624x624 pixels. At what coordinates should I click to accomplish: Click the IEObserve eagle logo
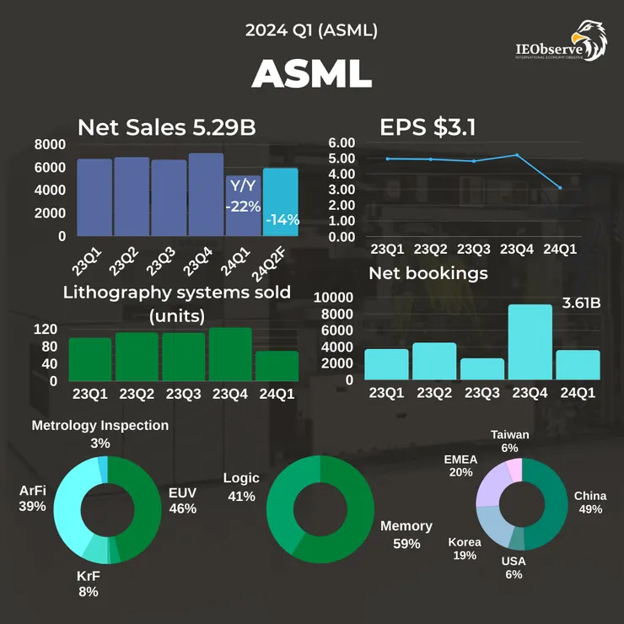pyautogui.click(x=589, y=40)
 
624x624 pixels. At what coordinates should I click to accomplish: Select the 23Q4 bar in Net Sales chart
pyautogui.click(x=205, y=195)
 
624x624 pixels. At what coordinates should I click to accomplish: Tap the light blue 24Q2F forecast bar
pyautogui.click(x=280, y=202)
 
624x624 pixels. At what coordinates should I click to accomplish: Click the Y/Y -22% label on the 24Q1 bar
pyautogui.click(x=243, y=196)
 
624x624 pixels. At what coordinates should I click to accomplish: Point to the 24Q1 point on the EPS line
pyautogui.click(x=560, y=188)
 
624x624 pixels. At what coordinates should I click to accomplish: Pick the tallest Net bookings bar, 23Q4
pyautogui.click(x=530, y=342)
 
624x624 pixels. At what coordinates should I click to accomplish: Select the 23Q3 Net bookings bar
pyautogui.click(x=482, y=368)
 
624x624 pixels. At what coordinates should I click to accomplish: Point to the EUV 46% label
pyautogui.click(x=183, y=499)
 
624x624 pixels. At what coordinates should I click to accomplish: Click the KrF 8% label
pyautogui.click(x=89, y=583)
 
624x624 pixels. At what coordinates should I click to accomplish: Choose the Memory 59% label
pyautogui.click(x=406, y=535)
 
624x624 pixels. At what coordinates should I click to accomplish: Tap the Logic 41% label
pyautogui.click(x=241, y=487)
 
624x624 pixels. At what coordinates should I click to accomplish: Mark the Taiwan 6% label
pyautogui.click(x=510, y=441)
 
